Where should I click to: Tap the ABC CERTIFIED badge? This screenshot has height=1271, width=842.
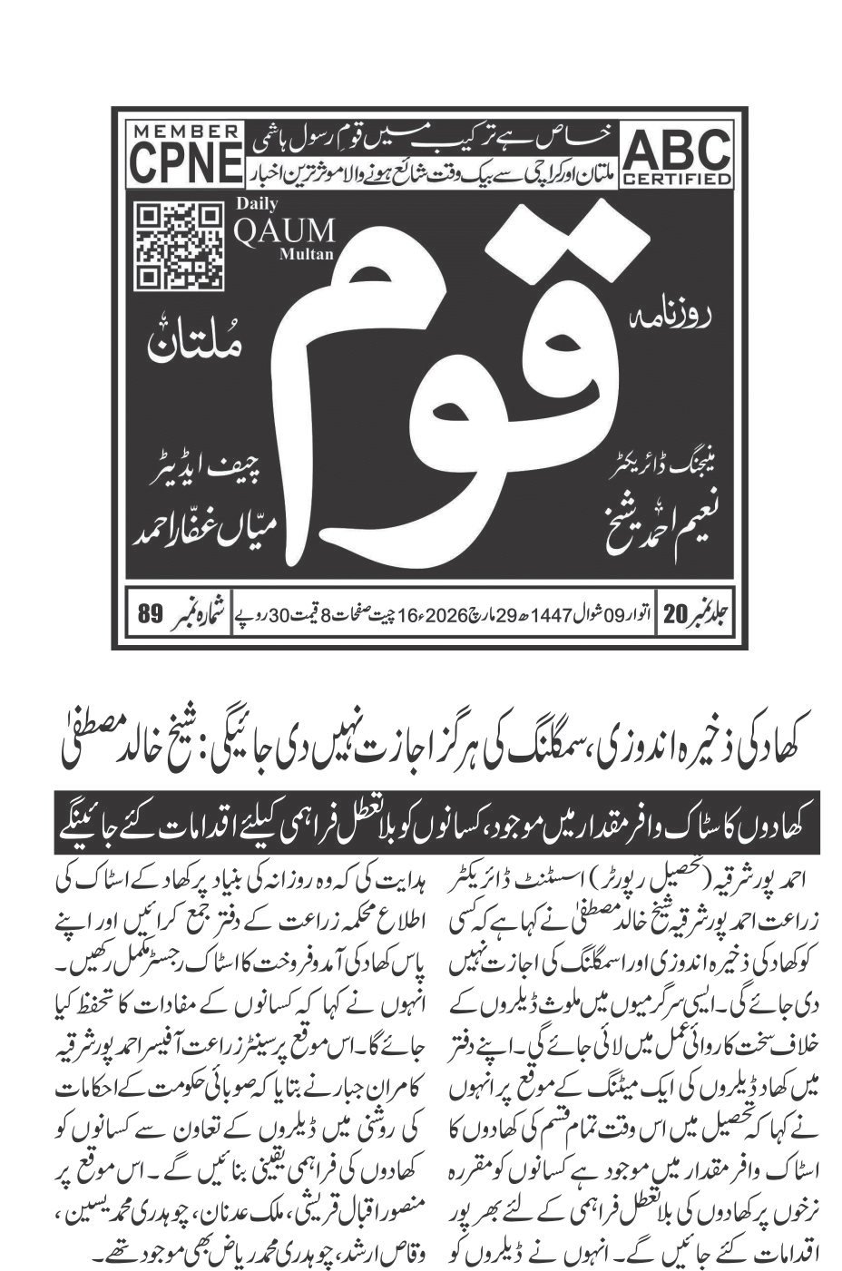tap(677, 156)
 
